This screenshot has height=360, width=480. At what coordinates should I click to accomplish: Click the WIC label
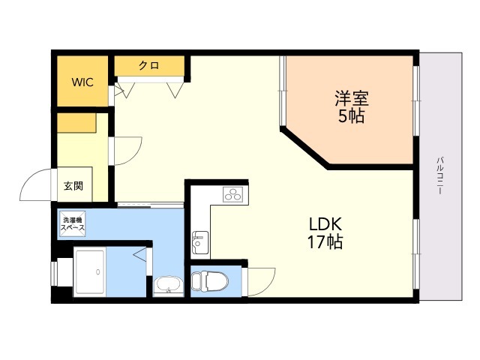point(82,82)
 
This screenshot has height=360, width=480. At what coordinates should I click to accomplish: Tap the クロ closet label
point(149,65)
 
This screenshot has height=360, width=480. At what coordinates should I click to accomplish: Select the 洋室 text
point(352,98)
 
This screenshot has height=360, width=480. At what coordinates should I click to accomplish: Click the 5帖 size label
point(352,115)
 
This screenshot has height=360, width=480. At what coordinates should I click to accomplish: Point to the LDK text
point(325,224)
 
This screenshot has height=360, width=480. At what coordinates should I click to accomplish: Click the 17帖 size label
point(325,241)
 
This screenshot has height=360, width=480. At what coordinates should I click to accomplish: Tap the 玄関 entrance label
point(73,185)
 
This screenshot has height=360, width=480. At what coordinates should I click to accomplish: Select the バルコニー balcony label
point(440,175)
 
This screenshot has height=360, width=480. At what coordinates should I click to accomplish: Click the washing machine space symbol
point(73,223)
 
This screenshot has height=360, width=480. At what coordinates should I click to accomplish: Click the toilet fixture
point(210,280)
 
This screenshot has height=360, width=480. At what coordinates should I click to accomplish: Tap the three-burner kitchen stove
point(232,194)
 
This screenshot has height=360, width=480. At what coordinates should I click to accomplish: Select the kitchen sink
point(200,242)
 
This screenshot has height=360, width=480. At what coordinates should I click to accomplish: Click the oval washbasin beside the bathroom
point(168,285)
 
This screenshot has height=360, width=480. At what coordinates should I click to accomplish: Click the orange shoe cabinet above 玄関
point(76,123)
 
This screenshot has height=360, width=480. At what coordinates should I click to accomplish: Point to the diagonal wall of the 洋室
point(304,148)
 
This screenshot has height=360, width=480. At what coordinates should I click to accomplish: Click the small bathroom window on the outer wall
point(55,273)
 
